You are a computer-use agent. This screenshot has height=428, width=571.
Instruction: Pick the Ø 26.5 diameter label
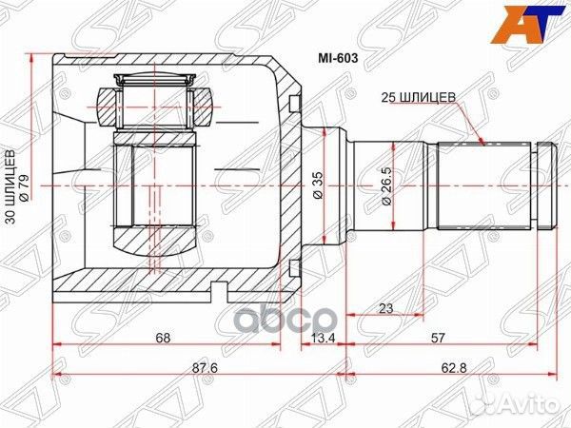click(384, 186)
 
